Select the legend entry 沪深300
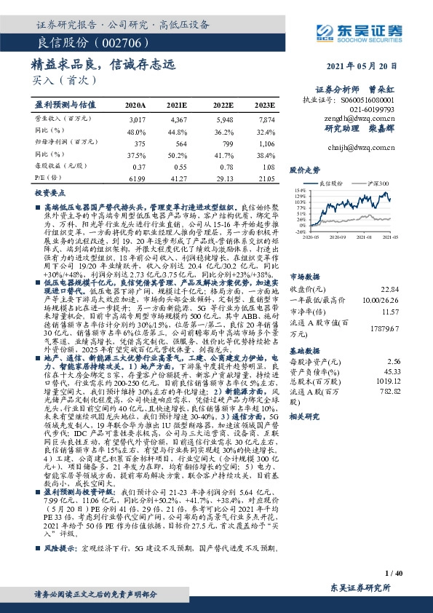378,183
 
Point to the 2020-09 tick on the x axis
338,237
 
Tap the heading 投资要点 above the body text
47,196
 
